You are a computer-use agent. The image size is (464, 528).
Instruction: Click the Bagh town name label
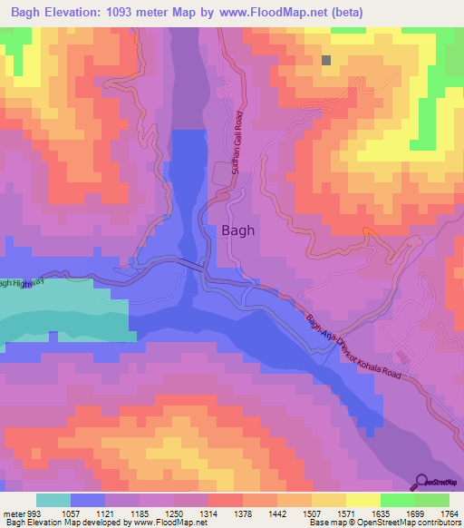238,230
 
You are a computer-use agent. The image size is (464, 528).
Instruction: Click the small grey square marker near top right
326,61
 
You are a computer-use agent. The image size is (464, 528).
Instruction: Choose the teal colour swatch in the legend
53,499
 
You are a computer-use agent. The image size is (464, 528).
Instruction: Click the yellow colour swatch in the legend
363,499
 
